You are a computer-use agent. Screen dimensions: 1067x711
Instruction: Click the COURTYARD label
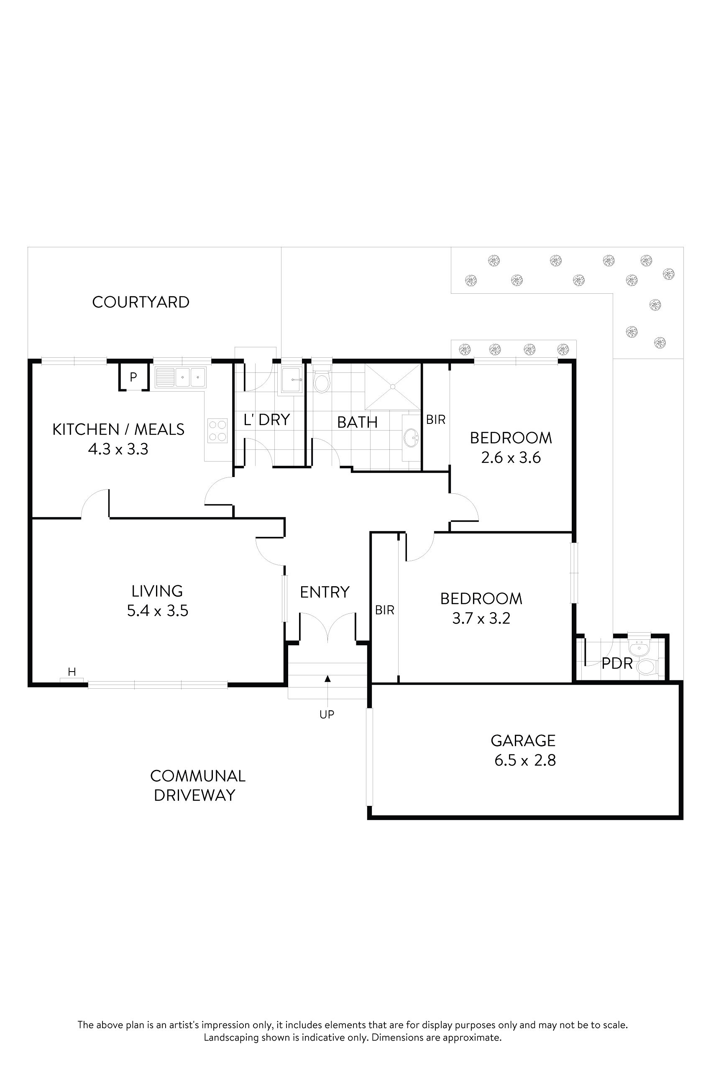(141, 302)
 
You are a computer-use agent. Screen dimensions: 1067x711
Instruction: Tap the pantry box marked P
(133, 377)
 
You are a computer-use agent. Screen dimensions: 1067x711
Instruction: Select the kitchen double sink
(181, 377)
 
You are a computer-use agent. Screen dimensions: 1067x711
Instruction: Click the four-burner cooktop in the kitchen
(217, 431)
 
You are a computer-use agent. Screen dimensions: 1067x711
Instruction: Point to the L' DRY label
(267, 420)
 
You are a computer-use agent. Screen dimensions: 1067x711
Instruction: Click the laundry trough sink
(292, 380)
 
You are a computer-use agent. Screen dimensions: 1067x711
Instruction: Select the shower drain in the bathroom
(393, 386)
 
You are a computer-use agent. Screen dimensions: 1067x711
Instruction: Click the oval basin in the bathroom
(412, 438)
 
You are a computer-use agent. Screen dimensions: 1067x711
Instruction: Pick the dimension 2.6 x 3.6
(511, 457)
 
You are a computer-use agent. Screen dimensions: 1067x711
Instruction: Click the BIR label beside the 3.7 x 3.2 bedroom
(384, 610)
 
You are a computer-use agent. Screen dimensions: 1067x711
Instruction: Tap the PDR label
(616, 664)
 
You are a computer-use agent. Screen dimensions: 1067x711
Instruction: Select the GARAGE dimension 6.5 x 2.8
(524, 760)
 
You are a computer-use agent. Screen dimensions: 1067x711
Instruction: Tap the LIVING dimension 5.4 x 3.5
(157, 610)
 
